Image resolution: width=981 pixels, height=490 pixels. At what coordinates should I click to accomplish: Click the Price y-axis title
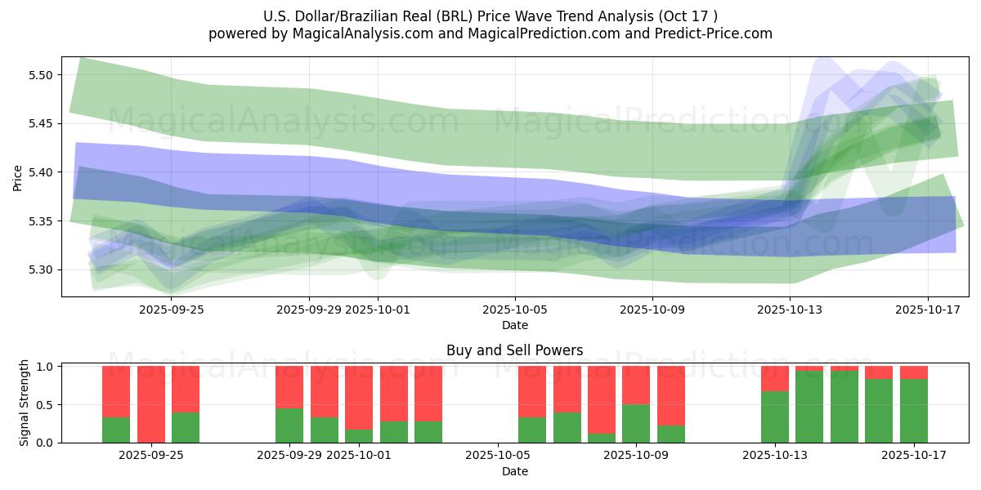click(x=18, y=178)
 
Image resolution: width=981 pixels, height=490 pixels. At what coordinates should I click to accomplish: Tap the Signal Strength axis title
click(x=25, y=403)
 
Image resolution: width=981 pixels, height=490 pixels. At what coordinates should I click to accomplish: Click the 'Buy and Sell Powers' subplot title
click(x=514, y=350)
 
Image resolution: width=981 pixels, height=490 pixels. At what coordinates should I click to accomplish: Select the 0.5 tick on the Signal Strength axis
click(x=46, y=404)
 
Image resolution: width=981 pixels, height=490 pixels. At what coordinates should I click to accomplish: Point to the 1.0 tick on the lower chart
click(x=46, y=367)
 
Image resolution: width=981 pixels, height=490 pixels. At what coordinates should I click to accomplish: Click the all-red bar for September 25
click(x=150, y=404)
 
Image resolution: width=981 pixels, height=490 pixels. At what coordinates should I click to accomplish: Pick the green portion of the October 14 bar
click(x=809, y=407)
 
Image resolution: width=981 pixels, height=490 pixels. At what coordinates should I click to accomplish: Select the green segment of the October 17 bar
click(x=914, y=411)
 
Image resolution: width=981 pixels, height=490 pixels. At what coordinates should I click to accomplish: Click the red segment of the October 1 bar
click(x=359, y=397)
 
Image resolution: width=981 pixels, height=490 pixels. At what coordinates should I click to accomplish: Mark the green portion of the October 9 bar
click(x=636, y=424)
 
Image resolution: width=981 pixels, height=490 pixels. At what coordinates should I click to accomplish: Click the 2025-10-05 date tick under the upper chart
click(x=515, y=310)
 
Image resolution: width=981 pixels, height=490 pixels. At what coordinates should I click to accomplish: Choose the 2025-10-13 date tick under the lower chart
click(x=774, y=454)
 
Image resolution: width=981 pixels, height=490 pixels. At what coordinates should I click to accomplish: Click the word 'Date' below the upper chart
click(x=515, y=325)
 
